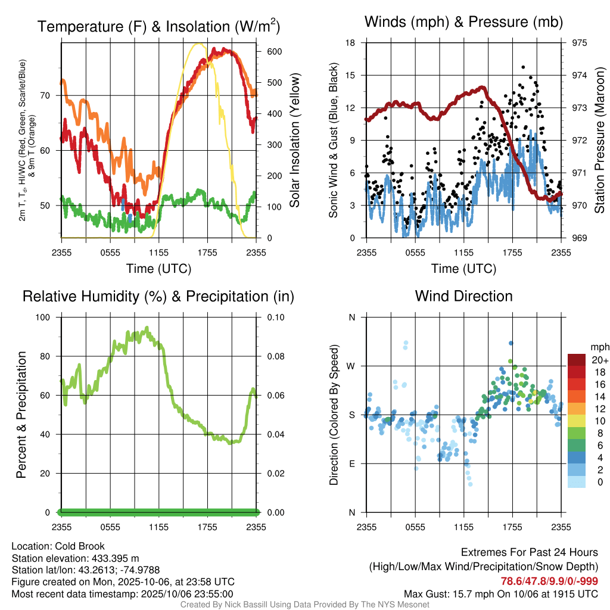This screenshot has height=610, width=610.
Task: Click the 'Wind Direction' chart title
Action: (x=463, y=296)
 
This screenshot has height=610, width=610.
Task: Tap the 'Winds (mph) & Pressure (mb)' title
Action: (x=463, y=23)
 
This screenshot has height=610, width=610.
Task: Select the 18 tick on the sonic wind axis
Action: (x=351, y=43)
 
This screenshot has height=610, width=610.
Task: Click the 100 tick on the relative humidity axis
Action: (x=46, y=318)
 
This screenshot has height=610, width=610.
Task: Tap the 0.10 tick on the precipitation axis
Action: (x=275, y=318)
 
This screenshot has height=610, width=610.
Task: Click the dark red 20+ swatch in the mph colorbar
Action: (x=577, y=360)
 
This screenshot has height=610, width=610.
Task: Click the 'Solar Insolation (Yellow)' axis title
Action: (x=295, y=141)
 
